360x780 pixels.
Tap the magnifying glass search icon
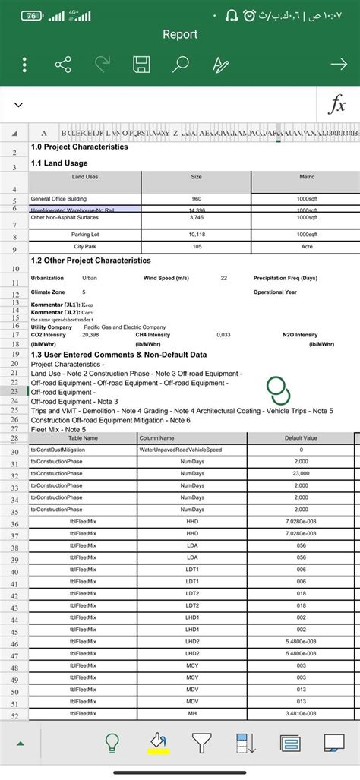pyautogui.click(x=180, y=65)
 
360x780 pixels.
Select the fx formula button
pyautogui.click(x=336, y=106)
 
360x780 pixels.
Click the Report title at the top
pyautogui.click(x=180, y=34)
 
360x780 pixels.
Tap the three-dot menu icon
pyautogui.click(x=24, y=65)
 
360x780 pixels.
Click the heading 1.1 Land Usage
pyautogui.click(x=60, y=163)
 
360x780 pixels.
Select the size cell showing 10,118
pyautogui.click(x=196, y=234)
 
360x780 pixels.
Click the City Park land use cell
pyautogui.click(x=84, y=247)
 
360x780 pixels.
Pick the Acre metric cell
pyautogui.click(x=307, y=247)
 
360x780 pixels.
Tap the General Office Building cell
pyautogui.click(x=64, y=199)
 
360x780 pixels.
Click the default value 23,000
pyautogui.click(x=301, y=474)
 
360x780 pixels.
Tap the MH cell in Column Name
pyautogui.click(x=192, y=713)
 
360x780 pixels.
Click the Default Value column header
pyautogui.click(x=301, y=438)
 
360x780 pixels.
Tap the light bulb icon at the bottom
pyautogui.click(x=112, y=742)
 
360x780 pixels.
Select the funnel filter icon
pyautogui.click(x=201, y=742)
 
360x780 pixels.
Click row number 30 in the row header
pyautogui.click(x=14, y=452)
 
